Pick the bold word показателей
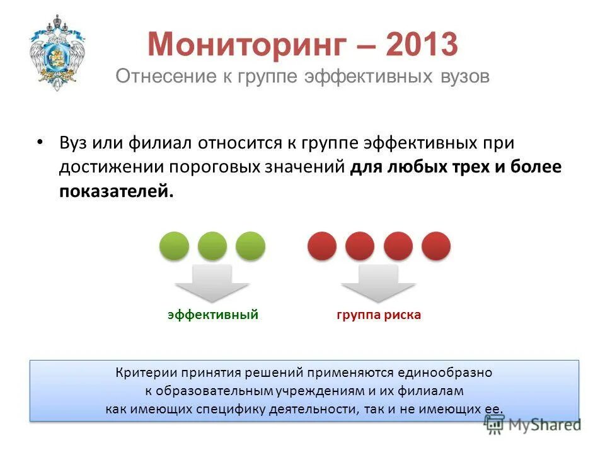coord(115,191)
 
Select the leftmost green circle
coord(174,246)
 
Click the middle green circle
coord(212,246)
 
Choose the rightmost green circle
coord(251,246)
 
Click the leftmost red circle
coord(322,246)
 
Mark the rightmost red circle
coord(436,246)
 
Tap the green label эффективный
coord(213,315)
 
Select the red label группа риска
coord(379,315)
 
